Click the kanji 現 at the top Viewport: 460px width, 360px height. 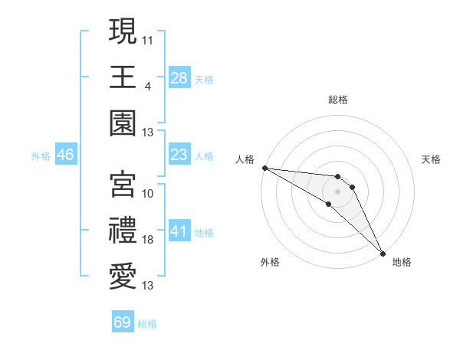point(123,32)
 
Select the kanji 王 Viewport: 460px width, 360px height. point(123,77)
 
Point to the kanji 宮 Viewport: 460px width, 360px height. point(123,184)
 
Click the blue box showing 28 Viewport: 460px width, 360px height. point(179,77)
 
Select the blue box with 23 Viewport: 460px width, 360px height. point(179,155)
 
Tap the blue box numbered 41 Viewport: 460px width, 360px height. point(179,231)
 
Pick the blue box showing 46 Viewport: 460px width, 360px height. point(66,155)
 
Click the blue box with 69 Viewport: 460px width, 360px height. point(123,322)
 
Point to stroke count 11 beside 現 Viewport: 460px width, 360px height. point(148,38)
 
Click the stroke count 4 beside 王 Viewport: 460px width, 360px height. point(147,85)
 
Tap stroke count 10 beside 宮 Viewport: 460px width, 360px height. point(148,193)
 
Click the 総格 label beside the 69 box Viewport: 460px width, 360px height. point(147,324)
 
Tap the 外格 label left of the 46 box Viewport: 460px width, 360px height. point(41,156)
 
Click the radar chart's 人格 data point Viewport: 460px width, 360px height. point(264,168)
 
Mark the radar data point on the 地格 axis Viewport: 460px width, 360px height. point(383,252)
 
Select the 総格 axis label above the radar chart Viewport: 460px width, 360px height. point(338,100)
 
